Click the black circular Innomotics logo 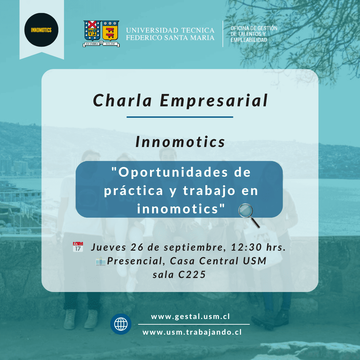[x=41, y=30]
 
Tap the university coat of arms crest [x=101, y=34]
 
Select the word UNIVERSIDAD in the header [x=152, y=30]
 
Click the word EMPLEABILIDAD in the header [x=249, y=40]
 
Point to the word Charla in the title [x=122, y=101]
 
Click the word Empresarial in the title [x=214, y=101]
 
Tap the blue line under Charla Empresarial [x=180, y=117]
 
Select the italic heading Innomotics [x=180, y=142]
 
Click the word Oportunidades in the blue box [x=173, y=172]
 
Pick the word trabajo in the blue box [x=209, y=191]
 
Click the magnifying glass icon [x=249, y=216]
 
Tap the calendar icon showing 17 [x=78, y=247]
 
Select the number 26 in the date [x=137, y=247]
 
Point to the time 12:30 [x=246, y=247]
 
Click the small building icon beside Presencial [x=101, y=261]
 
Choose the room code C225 [x=192, y=275]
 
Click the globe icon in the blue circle [x=121, y=324]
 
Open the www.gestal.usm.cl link [x=190, y=317]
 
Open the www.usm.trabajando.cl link [x=192, y=332]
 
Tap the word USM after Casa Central [x=255, y=261]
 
